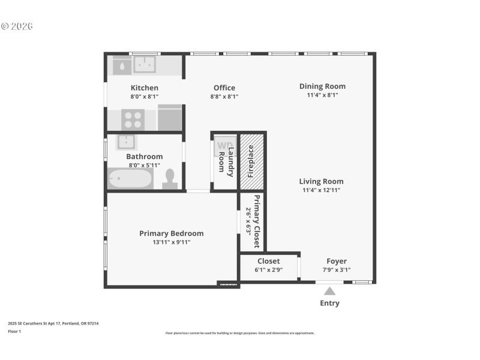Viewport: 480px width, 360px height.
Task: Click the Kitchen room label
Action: (145, 88)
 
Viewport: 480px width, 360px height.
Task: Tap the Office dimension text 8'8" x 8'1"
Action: (224, 97)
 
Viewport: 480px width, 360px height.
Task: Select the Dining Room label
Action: (322, 86)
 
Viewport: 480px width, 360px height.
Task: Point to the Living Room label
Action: (322, 181)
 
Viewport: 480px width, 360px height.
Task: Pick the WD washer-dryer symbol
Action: (224, 146)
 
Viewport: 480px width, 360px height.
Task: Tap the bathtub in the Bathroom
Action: (130, 179)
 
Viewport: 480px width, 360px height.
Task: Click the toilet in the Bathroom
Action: (170, 179)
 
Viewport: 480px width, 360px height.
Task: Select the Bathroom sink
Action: (126, 142)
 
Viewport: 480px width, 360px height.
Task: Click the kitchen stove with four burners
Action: (133, 119)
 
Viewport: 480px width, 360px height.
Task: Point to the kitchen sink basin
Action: (145, 64)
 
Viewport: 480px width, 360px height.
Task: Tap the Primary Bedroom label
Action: (172, 233)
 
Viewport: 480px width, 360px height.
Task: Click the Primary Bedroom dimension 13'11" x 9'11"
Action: (172, 242)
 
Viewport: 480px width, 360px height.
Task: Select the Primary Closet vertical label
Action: (257, 221)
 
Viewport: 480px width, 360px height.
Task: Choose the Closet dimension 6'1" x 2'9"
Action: (269, 270)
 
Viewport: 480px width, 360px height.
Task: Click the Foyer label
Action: (337, 261)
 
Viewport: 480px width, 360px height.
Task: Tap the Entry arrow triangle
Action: (329, 291)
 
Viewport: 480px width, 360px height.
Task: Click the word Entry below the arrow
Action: (329, 303)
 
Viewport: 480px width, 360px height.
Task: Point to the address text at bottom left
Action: (53, 323)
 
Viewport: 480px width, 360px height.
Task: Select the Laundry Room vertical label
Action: (226, 162)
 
